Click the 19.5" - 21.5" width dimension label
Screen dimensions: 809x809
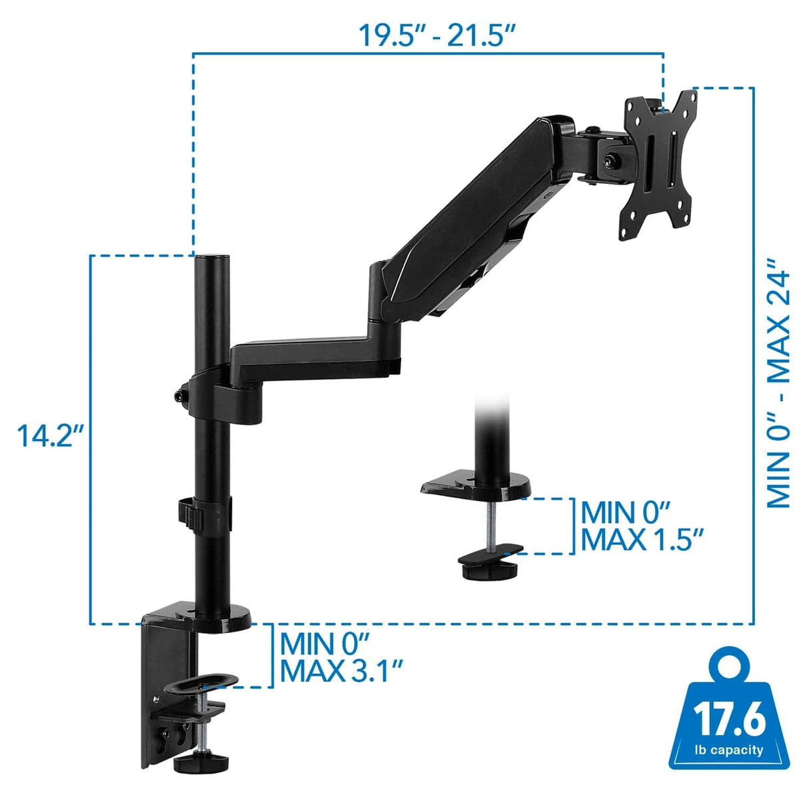tap(438, 35)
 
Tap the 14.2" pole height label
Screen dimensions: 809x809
tap(51, 436)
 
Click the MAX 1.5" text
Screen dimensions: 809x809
tap(642, 539)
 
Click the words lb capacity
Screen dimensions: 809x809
tap(728, 750)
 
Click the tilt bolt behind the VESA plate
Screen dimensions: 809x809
tap(611, 160)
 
